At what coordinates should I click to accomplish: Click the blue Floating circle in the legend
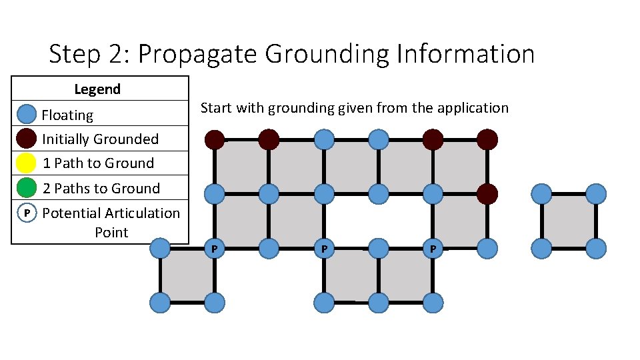[26, 115]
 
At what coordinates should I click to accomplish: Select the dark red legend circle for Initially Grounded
[26, 139]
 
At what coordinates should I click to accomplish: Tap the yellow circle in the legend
[26, 163]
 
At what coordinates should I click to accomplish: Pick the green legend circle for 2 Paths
[26, 188]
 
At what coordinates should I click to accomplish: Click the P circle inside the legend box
[26, 213]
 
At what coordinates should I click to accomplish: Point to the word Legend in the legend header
[97, 89]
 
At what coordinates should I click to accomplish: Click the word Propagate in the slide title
[197, 54]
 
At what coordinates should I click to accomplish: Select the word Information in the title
[465, 54]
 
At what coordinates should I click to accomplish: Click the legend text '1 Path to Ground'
[98, 163]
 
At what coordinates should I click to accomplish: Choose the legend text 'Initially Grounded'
[100, 139]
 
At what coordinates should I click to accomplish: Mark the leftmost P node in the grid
[214, 249]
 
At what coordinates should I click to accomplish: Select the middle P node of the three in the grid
[324, 249]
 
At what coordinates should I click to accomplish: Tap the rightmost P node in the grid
[433, 249]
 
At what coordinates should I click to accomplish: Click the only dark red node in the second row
[487, 194]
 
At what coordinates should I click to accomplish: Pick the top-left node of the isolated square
[541, 194]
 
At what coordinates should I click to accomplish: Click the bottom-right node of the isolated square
[596, 249]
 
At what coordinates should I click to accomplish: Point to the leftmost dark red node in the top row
[214, 139]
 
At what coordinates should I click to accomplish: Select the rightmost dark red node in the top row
[487, 139]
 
